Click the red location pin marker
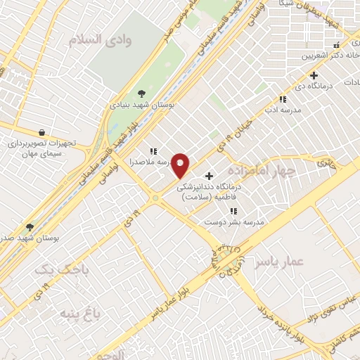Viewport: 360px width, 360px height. click(x=181, y=165)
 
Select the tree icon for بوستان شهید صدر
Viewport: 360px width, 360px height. click(x=30, y=226)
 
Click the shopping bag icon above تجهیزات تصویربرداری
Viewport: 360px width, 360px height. click(x=41, y=131)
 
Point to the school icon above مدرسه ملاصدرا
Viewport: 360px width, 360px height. click(x=153, y=151)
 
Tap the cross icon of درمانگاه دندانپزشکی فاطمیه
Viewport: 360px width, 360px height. click(x=208, y=176)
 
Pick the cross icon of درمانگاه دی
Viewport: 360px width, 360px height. click(x=314, y=75)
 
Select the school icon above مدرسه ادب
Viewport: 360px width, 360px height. click(x=283, y=100)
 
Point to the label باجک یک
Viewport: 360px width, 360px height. click(x=55, y=270)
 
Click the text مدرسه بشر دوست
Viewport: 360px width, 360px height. click(x=234, y=221)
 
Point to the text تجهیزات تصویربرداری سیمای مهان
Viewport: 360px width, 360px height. click(x=46, y=148)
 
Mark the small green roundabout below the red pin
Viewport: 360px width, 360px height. click(x=155, y=198)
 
